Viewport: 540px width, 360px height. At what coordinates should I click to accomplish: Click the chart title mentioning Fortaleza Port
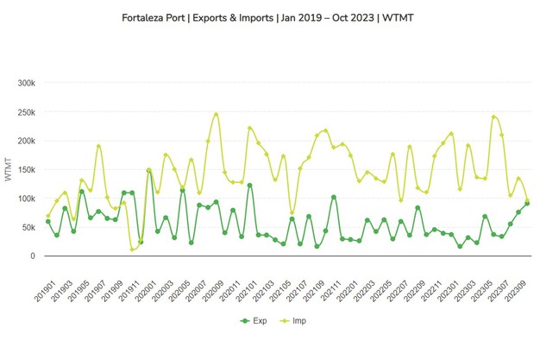270,16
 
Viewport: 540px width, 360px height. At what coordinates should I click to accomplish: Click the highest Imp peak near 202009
216,114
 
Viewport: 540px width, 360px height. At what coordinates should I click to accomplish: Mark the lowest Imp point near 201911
132,249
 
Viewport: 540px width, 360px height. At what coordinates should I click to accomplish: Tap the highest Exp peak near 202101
249,185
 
